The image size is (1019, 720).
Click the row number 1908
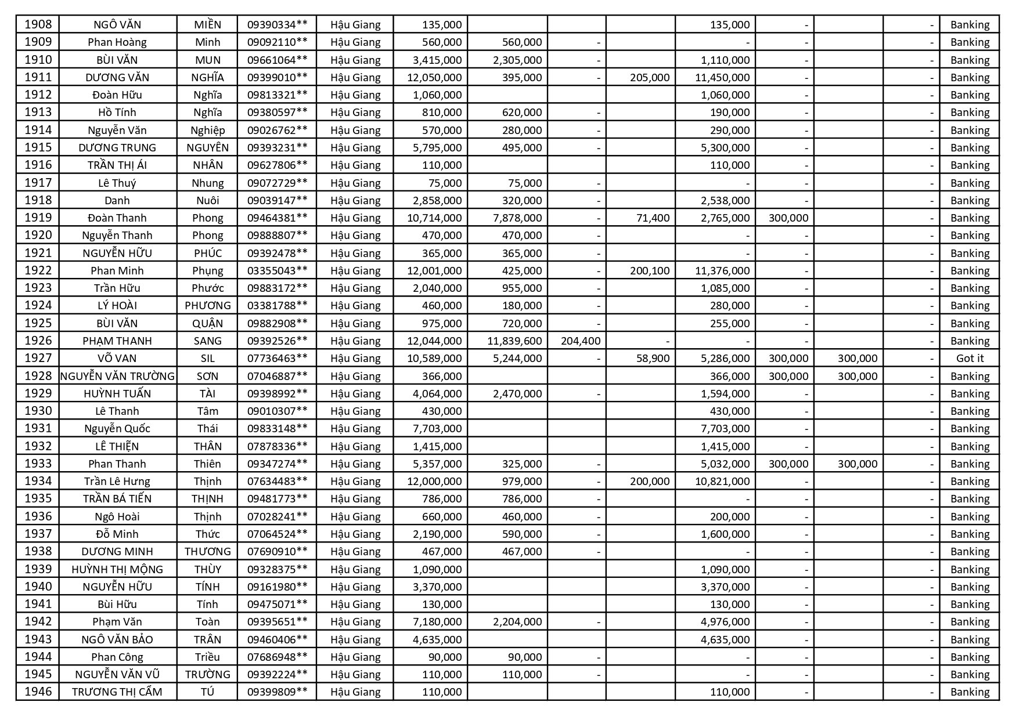(x=38, y=24)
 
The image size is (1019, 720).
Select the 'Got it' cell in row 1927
(x=970, y=359)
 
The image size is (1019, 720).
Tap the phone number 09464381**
(x=277, y=218)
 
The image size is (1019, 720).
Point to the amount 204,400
(x=580, y=341)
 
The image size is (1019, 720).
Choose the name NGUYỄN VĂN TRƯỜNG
(x=117, y=376)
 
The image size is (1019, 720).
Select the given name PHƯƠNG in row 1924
(x=207, y=306)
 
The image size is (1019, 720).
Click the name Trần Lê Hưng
(x=117, y=482)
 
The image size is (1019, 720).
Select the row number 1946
(x=38, y=692)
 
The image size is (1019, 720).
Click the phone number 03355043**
(x=277, y=271)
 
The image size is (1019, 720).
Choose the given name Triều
(x=207, y=657)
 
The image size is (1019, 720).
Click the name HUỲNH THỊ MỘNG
(x=117, y=569)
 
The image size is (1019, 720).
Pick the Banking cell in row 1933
(x=970, y=464)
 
